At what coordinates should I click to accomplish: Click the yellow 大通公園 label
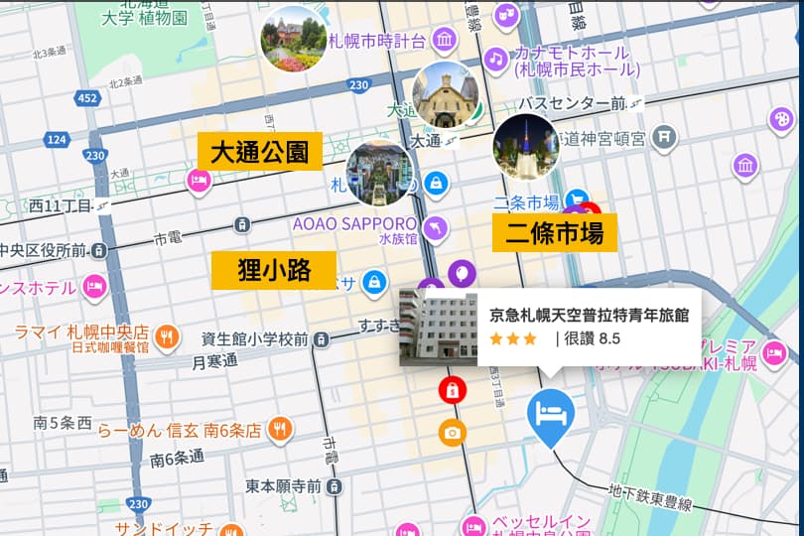point(260,152)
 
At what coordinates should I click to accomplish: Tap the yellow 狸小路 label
point(274,270)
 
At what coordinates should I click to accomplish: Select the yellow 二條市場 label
point(555,233)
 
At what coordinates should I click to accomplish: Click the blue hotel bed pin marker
point(549,414)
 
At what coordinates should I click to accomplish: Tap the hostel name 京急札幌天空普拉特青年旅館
point(589,315)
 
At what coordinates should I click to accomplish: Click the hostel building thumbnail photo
point(438,328)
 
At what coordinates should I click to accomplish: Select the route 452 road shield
point(87,98)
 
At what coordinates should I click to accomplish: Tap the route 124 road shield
point(57,139)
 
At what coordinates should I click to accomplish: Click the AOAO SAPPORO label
point(354,223)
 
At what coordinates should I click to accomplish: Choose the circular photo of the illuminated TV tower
point(526,145)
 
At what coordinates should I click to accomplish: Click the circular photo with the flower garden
point(293,40)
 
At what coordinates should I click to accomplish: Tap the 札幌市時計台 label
point(377,41)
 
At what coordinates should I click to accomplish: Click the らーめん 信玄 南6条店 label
point(179,430)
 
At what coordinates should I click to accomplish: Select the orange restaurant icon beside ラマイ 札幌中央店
point(167,333)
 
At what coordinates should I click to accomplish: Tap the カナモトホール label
point(571,53)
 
